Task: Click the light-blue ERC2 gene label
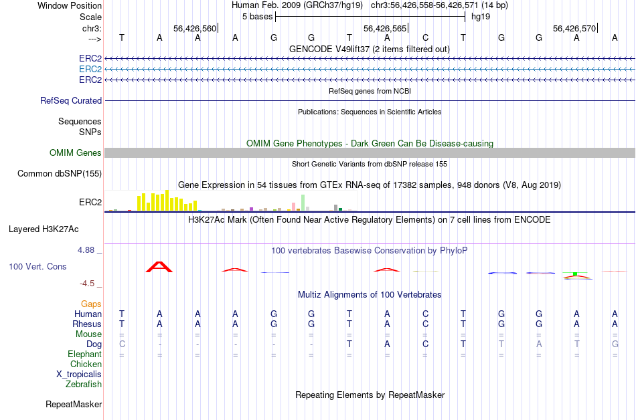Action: (x=90, y=69)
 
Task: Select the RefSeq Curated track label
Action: (x=71, y=100)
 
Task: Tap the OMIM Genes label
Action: (x=76, y=153)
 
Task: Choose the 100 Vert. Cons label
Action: (x=37, y=266)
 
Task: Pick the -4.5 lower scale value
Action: (x=90, y=283)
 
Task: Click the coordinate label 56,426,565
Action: (x=384, y=29)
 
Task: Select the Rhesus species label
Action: (x=87, y=324)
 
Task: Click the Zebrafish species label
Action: (x=84, y=384)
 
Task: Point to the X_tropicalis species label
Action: (x=79, y=374)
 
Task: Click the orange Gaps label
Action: (x=91, y=304)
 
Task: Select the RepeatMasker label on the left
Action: (x=74, y=404)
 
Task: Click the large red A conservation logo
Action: (x=159, y=267)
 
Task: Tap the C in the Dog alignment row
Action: (x=425, y=344)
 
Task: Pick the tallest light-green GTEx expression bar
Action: (x=303, y=203)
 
